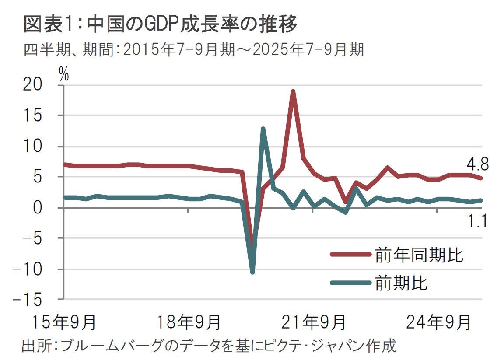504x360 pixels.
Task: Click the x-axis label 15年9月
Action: [64, 322]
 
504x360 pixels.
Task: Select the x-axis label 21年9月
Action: [313, 322]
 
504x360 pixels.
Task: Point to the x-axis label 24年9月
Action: [438, 322]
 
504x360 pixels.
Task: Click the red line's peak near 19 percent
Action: [293, 91]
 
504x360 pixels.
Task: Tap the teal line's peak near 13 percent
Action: [262, 129]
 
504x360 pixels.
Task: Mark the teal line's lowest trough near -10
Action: [252, 272]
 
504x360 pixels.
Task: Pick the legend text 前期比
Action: [401, 283]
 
